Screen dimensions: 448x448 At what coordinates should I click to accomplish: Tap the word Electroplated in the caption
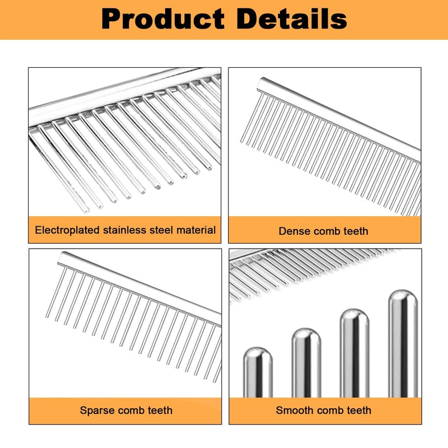coord(68,230)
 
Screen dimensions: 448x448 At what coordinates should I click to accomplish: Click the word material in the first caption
coord(195,230)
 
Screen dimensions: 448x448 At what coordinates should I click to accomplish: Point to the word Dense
coord(295,231)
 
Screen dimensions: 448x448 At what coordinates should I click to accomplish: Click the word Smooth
coord(295,410)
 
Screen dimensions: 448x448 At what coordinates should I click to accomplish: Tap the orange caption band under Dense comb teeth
coord(392,231)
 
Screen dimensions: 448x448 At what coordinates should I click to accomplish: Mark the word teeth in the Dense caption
coord(354,231)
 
